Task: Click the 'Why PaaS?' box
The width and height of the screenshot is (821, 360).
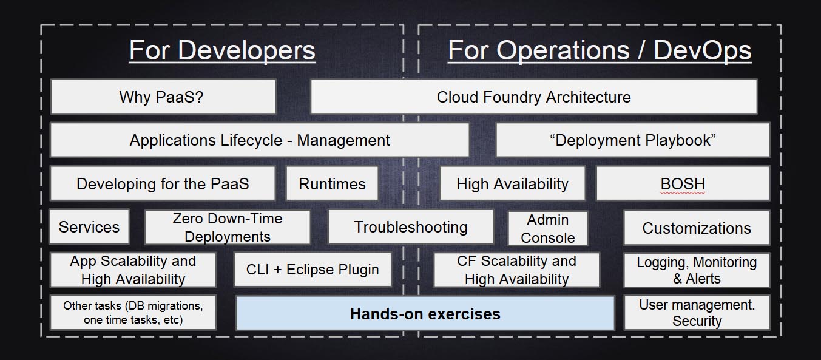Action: tap(163, 97)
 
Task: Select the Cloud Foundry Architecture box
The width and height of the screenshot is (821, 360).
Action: tap(534, 97)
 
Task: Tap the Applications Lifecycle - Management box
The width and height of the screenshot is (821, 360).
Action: tap(260, 140)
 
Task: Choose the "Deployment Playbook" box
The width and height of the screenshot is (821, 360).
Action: tap(633, 140)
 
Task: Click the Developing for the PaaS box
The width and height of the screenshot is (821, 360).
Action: tap(163, 183)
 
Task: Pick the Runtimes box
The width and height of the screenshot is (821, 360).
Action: tap(332, 183)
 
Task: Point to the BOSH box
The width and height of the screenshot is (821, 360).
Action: tap(683, 183)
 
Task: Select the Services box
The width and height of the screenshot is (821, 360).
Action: tap(89, 226)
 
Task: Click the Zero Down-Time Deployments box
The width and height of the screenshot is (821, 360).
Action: tap(228, 227)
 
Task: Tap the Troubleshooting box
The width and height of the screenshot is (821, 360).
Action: tap(411, 226)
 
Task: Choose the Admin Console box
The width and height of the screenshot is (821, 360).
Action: tap(548, 228)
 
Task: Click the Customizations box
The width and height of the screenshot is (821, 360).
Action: tap(697, 228)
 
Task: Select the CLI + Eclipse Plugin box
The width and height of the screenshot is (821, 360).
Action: tap(313, 270)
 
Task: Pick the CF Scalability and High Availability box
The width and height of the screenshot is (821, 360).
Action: tap(517, 270)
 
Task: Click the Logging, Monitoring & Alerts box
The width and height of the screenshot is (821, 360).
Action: tap(697, 270)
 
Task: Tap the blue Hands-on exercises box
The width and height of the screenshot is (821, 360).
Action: tap(425, 313)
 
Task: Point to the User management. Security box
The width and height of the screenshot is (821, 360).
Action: tap(697, 313)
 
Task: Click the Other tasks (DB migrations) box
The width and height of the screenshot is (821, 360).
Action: tap(133, 313)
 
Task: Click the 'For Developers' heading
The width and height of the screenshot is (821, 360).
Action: tap(222, 50)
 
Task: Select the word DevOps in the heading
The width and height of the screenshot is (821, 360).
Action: tap(702, 52)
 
